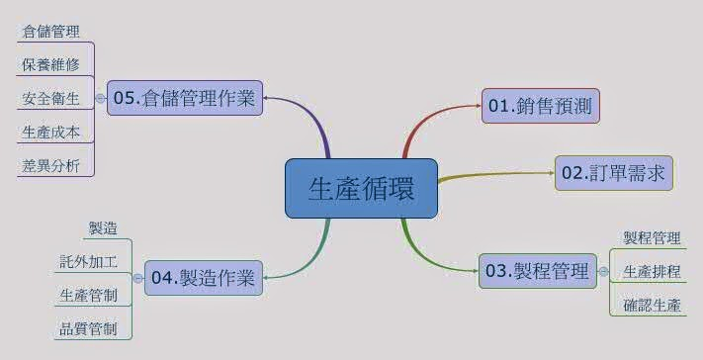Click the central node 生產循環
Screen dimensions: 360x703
361,188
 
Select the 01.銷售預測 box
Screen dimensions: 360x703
541,106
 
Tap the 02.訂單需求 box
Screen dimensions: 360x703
614,173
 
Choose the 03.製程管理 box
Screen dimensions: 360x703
538,270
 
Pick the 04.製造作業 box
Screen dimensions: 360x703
203,278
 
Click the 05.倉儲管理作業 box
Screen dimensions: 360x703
185,98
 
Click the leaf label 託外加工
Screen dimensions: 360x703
88,262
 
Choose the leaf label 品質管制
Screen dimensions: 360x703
88,328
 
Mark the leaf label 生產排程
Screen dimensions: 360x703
652,271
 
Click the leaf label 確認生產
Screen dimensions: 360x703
652,305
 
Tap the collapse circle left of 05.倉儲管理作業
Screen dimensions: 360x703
100,99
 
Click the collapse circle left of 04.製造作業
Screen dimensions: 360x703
137,279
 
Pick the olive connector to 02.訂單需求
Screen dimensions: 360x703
494,176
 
